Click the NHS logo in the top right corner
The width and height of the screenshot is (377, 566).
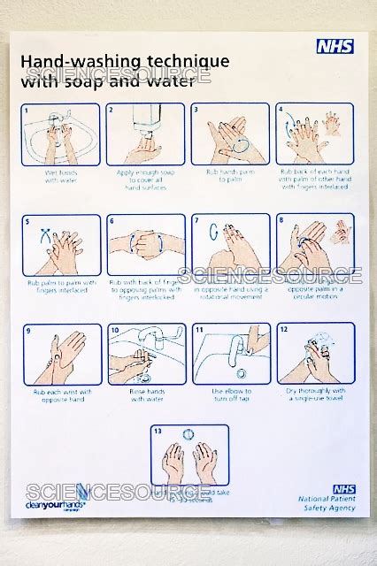click(x=335, y=46)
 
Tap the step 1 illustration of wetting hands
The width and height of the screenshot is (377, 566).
click(x=60, y=134)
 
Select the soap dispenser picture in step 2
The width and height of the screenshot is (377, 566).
click(x=145, y=134)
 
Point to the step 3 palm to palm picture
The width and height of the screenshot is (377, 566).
click(x=230, y=134)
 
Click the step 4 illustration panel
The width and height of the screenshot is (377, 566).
click(x=314, y=134)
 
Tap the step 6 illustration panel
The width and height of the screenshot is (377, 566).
click(x=145, y=244)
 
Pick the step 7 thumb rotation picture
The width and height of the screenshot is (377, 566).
click(x=230, y=244)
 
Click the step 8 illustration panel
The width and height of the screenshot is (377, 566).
click(x=314, y=244)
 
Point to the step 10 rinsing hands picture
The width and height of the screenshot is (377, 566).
click(x=145, y=354)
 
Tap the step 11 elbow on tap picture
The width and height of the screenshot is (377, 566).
click(x=230, y=354)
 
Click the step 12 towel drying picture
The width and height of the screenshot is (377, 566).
click(x=314, y=354)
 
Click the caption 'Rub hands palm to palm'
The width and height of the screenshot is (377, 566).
click(x=230, y=176)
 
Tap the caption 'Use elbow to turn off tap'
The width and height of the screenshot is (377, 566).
click(x=230, y=394)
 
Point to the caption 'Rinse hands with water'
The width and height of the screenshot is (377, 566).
click(x=146, y=394)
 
